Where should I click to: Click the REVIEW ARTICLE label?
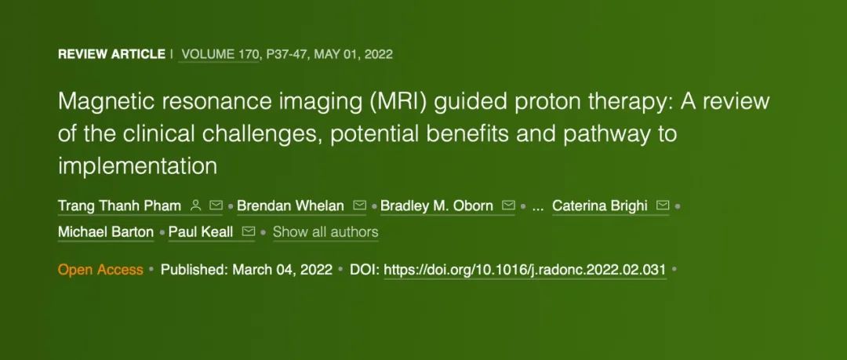(x=111, y=54)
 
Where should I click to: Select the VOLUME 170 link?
(x=220, y=54)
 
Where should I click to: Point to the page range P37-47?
(x=286, y=54)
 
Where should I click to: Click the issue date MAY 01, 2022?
(x=353, y=54)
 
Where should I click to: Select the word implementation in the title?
(x=137, y=165)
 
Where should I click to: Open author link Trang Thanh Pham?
(x=119, y=206)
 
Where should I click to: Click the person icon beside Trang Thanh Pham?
(x=196, y=205)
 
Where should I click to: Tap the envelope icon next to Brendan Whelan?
(x=359, y=205)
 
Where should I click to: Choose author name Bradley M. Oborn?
(x=437, y=206)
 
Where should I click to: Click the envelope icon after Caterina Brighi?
(x=663, y=205)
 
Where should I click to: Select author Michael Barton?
(x=106, y=232)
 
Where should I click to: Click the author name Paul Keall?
(x=201, y=232)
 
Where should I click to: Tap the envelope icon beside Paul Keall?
(x=249, y=231)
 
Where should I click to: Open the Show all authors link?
(x=325, y=232)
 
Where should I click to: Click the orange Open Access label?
(x=100, y=269)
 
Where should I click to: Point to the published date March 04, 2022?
(x=282, y=269)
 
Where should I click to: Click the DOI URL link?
(x=525, y=269)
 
